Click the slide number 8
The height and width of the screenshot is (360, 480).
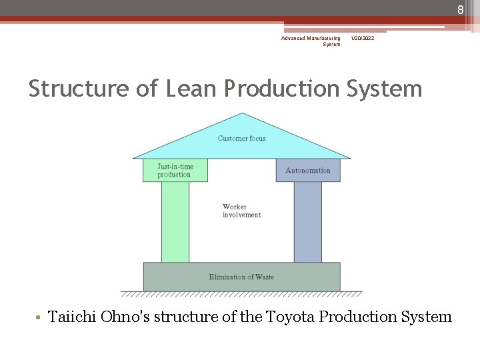[460, 9]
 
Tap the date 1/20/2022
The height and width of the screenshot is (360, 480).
[363, 39]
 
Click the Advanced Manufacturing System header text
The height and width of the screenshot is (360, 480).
[311, 41]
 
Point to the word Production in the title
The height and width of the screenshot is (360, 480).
[282, 89]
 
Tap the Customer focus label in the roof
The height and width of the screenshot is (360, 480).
[241, 139]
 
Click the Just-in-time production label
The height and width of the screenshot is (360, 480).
[175, 171]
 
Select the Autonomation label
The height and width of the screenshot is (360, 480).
[307, 171]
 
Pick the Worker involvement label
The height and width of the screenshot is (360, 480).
[241, 211]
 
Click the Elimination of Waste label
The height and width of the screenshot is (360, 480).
[241, 277]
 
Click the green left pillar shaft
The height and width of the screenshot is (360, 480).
[175, 222]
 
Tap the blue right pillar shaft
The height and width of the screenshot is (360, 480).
[307, 222]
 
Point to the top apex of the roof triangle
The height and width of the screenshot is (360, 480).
[242, 115]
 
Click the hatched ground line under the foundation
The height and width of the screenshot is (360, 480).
[241, 294]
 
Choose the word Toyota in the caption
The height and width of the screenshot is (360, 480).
[290, 317]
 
